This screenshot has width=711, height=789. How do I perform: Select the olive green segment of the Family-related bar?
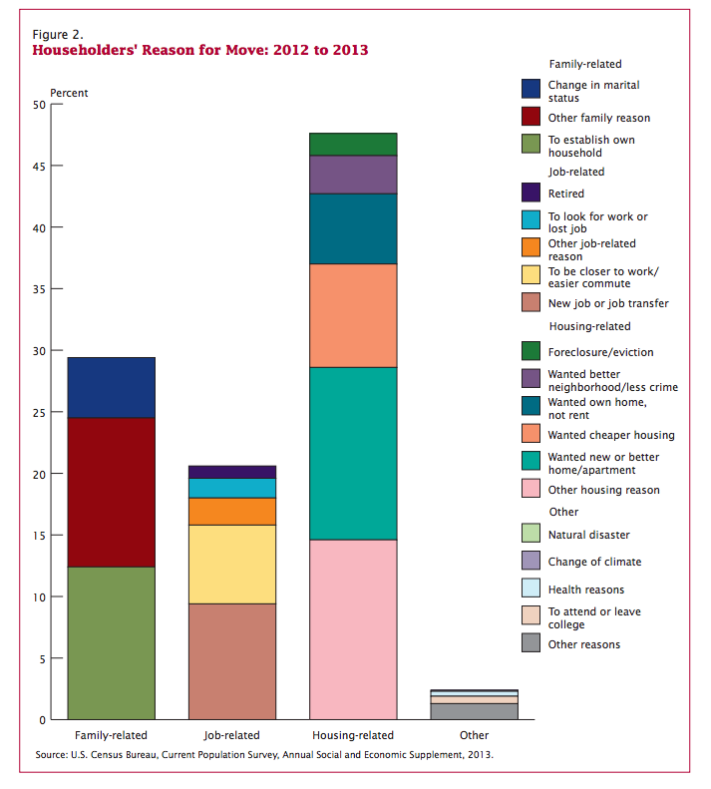click(111, 642)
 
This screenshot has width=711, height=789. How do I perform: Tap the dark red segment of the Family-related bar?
click(111, 492)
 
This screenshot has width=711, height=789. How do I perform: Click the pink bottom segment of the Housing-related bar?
click(354, 628)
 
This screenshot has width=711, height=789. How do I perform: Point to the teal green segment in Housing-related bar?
click(354, 453)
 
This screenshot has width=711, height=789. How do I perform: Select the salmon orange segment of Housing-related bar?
click(354, 315)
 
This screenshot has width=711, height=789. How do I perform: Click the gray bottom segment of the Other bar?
click(475, 711)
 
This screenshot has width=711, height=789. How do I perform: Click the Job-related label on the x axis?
click(232, 736)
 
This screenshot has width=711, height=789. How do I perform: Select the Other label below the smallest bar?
click(475, 736)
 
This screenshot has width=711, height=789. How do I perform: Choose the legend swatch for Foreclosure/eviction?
click(532, 351)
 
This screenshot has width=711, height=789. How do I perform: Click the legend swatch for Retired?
click(532, 193)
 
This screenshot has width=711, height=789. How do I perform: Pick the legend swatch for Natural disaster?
click(532, 534)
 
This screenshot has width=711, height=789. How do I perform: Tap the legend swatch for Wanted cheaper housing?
click(532, 434)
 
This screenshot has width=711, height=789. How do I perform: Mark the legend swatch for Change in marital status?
click(532, 90)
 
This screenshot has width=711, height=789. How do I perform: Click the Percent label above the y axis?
click(69, 93)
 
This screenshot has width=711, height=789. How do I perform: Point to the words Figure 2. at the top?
click(58, 33)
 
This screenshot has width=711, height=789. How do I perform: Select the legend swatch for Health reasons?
click(532, 589)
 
